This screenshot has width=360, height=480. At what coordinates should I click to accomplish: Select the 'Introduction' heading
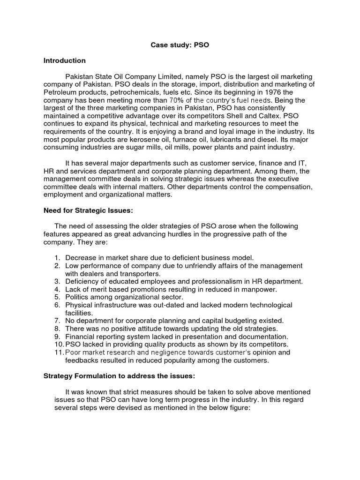coord(64,60)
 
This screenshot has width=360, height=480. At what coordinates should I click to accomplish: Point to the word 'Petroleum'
coord(59,92)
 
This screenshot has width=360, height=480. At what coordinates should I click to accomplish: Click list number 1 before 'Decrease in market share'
coord(57,258)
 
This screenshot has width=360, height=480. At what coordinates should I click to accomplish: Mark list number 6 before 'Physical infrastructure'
coord(57,305)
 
